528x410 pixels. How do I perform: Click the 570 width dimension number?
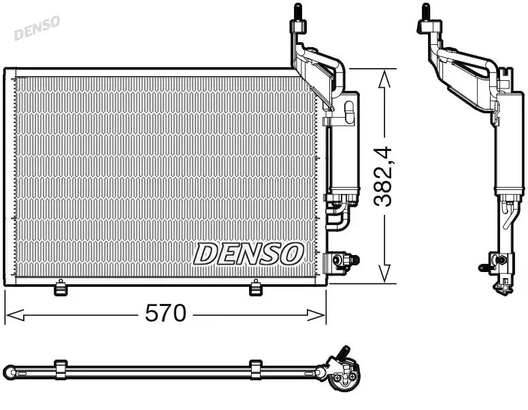165,313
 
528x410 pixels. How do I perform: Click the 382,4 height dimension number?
383,176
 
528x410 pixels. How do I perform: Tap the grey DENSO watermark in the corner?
37,28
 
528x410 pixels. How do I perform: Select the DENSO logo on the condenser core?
248,254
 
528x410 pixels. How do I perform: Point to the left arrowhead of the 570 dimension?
15,315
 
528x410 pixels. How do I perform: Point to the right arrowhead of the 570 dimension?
316,315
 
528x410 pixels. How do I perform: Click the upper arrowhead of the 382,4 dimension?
384,80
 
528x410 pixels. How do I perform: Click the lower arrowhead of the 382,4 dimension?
384,273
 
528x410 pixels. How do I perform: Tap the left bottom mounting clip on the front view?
61,288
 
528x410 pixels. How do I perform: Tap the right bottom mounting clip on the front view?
256,288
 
